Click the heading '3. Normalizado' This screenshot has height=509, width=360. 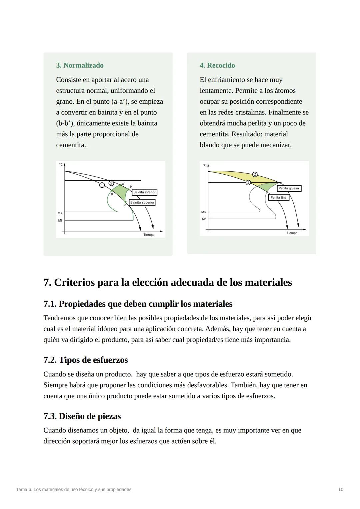point(80,65)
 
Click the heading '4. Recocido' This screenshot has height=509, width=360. point(217,65)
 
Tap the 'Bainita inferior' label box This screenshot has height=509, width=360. point(144,192)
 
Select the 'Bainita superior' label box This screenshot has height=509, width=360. point(142,202)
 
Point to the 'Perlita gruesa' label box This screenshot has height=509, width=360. point(289,188)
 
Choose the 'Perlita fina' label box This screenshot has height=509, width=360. point(278,197)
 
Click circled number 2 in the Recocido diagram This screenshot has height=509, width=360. point(255,174)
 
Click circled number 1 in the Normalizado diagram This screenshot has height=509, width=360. point(102,185)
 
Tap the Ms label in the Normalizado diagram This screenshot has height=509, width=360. point(60,213)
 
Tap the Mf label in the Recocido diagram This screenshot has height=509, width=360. point(204,219)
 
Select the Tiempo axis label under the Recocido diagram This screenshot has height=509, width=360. point(292,233)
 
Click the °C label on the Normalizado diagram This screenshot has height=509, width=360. point(61,164)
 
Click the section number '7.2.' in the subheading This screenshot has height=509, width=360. point(50,360)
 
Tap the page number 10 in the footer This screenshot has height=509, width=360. point(341,490)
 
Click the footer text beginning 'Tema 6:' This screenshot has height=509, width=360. point(74,490)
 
